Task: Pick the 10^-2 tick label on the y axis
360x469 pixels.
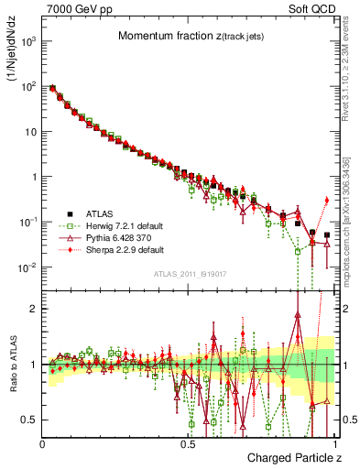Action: click(x=28, y=267)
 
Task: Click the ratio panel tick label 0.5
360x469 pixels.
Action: click(x=30, y=420)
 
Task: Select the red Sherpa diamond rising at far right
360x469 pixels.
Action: click(x=327, y=200)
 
